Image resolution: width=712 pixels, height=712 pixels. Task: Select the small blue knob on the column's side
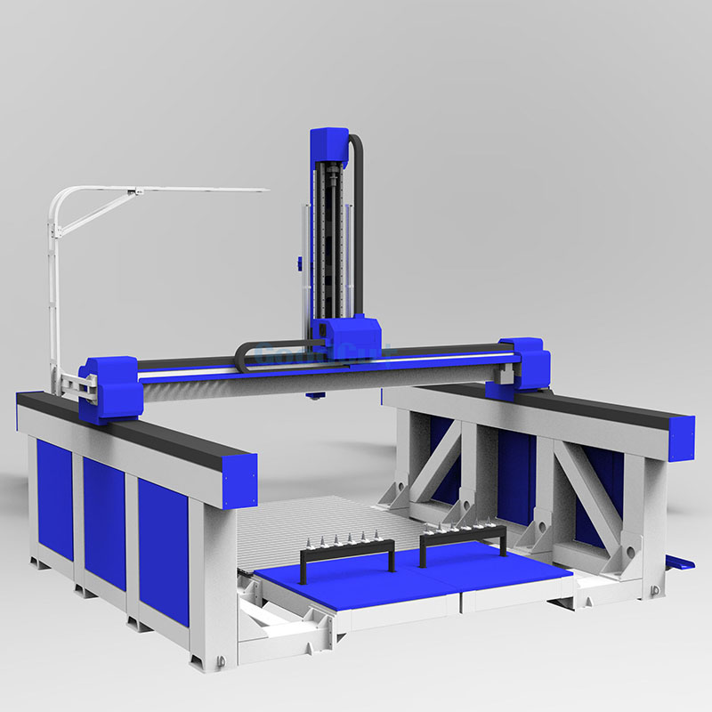click(x=298, y=263)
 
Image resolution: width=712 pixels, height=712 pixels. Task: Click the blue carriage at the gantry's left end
click(x=109, y=387)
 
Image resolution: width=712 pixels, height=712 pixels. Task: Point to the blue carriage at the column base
click(x=350, y=337)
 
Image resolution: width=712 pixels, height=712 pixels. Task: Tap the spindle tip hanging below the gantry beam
click(x=311, y=395)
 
